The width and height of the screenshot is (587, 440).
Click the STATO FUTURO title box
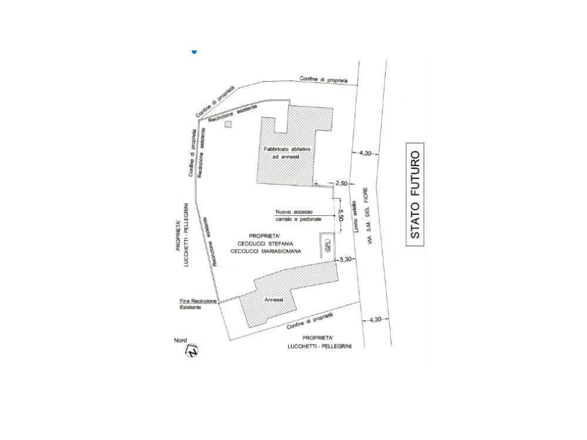click(x=415, y=194)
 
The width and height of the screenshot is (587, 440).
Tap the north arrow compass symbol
click(x=192, y=351)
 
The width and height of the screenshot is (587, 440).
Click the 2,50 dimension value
click(x=342, y=183)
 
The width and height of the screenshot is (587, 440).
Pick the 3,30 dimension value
click(x=345, y=259)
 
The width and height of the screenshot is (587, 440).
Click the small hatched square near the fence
click(x=228, y=124)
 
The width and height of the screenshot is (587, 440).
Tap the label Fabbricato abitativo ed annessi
click(x=287, y=153)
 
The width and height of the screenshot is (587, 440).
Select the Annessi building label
click(x=274, y=300)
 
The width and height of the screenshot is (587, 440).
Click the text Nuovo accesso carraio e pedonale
click(x=298, y=215)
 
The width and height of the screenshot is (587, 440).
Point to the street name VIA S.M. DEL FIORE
click(x=370, y=216)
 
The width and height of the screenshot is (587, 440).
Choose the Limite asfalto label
click(x=355, y=216)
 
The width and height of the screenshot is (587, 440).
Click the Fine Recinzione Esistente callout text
click(x=198, y=304)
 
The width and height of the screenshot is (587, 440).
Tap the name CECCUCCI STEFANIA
click(x=265, y=244)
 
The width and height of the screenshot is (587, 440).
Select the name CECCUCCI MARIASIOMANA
click(x=265, y=252)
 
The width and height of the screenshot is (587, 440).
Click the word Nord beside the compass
click(x=180, y=340)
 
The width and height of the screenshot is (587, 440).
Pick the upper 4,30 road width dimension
click(x=365, y=153)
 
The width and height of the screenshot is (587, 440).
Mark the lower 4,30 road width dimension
click(x=375, y=320)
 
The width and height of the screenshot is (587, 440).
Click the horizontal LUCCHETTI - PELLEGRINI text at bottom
click(x=319, y=347)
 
